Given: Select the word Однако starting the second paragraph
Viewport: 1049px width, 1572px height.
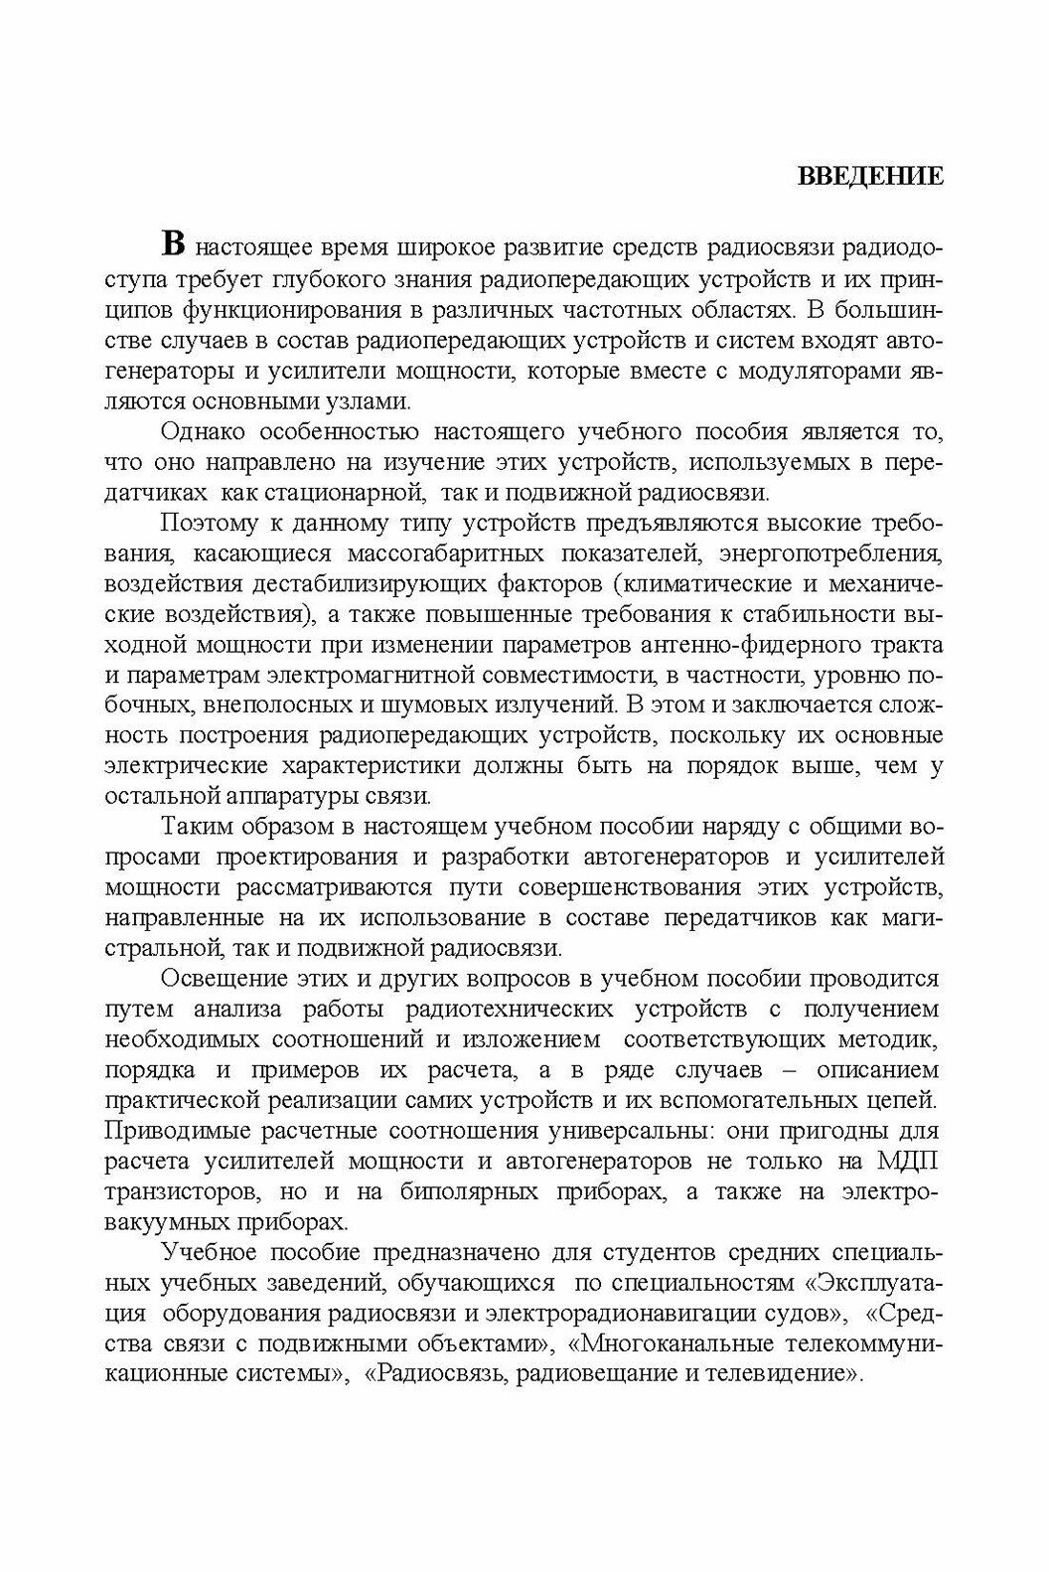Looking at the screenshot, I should click(x=203, y=432).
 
